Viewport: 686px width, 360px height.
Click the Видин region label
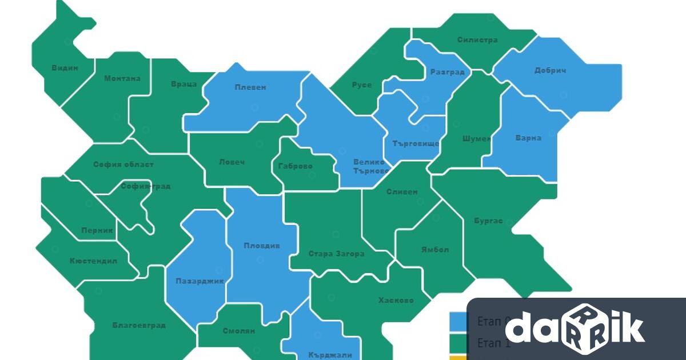[x=65, y=67]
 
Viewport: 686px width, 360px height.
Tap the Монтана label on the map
[x=122, y=78]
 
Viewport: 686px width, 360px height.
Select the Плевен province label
[x=250, y=87]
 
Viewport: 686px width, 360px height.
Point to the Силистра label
[x=477, y=40]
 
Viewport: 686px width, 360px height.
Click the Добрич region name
[x=550, y=71]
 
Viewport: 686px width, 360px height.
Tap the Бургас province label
[x=488, y=221]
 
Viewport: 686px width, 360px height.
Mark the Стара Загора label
[x=336, y=254]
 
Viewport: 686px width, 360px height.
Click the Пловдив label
[x=262, y=246]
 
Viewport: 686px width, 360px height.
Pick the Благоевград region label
[x=139, y=325]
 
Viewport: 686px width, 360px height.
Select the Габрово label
[x=296, y=166]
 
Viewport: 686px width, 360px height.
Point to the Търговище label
[x=416, y=143]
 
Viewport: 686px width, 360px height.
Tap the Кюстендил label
[x=93, y=261]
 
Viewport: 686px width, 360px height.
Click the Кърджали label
[x=330, y=355]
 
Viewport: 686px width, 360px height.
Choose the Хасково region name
[x=396, y=300]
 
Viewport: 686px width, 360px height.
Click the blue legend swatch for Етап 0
[x=458, y=321]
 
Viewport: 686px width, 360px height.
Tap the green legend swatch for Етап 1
[x=458, y=342]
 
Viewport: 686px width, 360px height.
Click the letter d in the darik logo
[x=519, y=328]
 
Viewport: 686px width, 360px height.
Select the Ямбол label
[x=435, y=250]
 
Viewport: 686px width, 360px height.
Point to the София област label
[x=123, y=165]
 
